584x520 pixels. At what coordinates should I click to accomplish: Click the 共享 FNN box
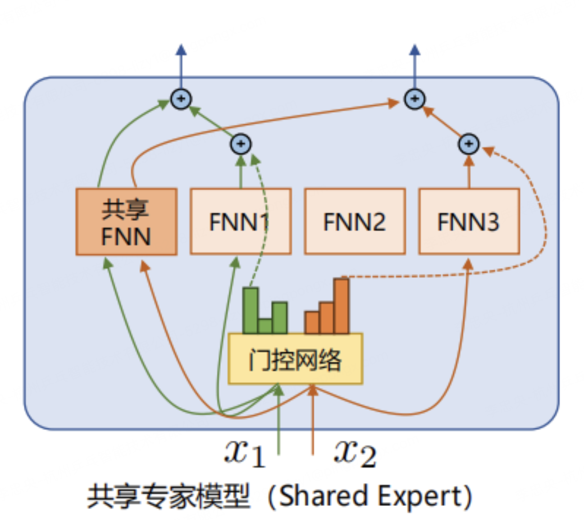click(126, 222)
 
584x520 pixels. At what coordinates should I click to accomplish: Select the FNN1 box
click(241, 222)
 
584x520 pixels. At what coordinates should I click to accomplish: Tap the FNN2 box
click(355, 222)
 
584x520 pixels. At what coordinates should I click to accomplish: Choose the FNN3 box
click(469, 222)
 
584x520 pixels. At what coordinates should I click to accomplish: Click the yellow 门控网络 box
click(295, 359)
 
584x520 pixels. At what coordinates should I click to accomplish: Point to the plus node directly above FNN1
click(241, 144)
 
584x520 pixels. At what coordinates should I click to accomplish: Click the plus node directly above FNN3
click(469, 144)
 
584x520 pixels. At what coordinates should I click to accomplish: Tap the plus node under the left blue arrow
click(181, 99)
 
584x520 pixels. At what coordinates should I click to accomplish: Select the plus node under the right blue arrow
click(415, 99)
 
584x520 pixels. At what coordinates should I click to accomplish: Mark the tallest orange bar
click(341, 306)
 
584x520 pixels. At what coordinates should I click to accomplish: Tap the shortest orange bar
click(312, 323)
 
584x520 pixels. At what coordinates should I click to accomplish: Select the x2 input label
click(355, 452)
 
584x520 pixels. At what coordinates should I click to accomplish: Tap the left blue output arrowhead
click(181, 49)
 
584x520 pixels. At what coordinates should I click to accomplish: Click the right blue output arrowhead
click(415, 49)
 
